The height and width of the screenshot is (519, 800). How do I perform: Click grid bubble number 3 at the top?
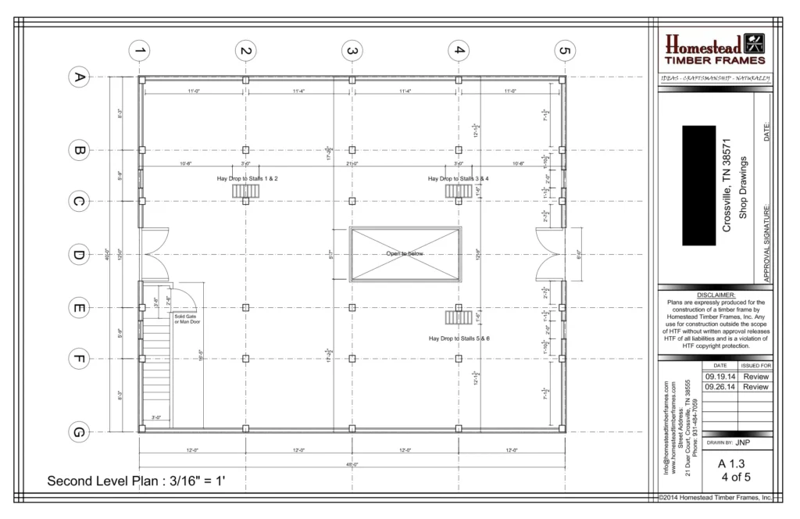pyautogui.click(x=352, y=51)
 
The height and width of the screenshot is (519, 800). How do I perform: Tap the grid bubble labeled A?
pyautogui.click(x=78, y=77)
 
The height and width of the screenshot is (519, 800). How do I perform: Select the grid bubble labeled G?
pyautogui.click(x=78, y=431)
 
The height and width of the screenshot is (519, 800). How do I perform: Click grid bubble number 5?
pyautogui.click(x=563, y=51)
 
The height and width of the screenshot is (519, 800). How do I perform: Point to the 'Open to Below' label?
pyautogui.click(x=404, y=254)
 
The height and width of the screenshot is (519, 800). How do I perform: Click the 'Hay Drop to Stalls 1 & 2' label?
pyautogui.click(x=248, y=178)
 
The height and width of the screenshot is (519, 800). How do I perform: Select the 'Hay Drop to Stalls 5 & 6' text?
pyautogui.click(x=459, y=338)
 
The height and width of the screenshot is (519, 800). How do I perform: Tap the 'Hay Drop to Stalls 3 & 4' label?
pyautogui.click(x=459, y=178)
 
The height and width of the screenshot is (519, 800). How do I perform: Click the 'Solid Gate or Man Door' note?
pyautogui.click(x=187, y=319)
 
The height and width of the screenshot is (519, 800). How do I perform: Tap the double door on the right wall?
pyautogui.click(x=550, y=254)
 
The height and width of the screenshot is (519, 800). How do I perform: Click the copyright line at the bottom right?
pyautogui.click(x=715, y=497)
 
